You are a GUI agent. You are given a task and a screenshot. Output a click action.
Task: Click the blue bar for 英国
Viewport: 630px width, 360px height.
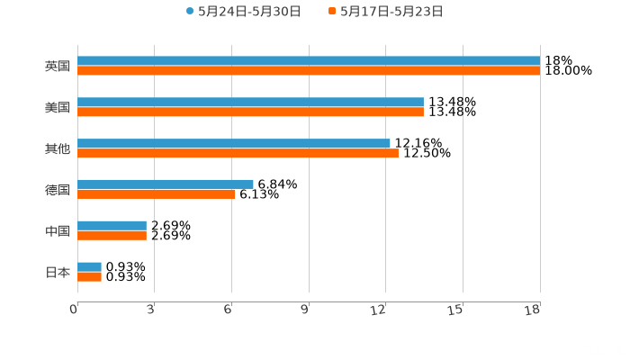309,61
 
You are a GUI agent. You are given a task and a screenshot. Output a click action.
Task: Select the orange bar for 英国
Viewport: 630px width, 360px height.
309,71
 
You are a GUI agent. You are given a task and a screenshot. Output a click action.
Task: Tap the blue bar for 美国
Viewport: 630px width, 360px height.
250,103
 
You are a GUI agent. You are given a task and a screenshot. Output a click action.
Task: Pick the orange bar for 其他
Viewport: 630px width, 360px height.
238,154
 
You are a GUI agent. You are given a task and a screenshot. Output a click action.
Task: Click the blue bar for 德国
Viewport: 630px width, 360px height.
166,184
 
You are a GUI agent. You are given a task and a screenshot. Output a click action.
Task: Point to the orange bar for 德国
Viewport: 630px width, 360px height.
157,194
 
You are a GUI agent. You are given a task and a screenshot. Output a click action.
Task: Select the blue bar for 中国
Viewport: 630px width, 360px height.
112,226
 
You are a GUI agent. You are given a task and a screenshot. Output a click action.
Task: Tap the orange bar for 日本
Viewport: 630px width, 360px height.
89,277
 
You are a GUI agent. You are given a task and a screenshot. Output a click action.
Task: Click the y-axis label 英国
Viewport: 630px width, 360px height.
58,67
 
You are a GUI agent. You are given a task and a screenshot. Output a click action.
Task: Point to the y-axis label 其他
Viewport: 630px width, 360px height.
58,149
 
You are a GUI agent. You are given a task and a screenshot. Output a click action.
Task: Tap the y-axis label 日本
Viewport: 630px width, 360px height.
58,273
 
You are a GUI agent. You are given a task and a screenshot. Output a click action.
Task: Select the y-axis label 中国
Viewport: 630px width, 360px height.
58,231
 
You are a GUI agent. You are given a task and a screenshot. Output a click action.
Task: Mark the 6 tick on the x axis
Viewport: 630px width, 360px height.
229,310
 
